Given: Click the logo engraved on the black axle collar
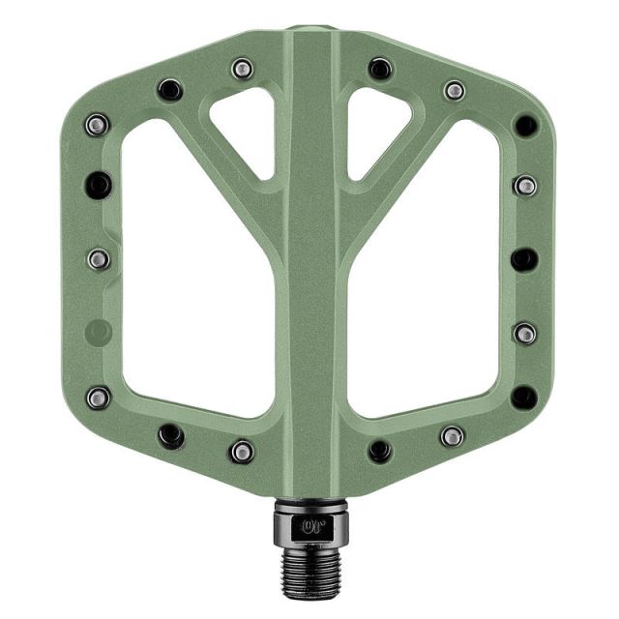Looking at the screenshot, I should point(311,527).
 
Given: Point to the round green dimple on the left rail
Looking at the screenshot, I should point(98,333).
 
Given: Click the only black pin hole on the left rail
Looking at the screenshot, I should point(98,184).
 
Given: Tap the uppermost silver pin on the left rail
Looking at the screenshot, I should point(97,124).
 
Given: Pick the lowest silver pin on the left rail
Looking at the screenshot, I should point(98,397).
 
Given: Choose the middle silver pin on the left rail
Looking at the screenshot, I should point(98,259).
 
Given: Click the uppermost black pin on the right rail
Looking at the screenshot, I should point(525,125).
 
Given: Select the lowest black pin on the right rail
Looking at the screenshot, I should point(524,397).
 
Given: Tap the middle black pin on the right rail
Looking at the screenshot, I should point(524,259).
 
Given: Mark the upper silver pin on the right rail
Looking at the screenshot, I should point(525,185).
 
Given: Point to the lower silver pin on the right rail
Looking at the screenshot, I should point(524,334).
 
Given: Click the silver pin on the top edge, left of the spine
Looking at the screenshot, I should point(242,69).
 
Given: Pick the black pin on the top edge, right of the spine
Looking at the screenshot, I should point(380,69).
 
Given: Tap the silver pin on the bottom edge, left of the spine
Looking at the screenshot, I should point(242,451).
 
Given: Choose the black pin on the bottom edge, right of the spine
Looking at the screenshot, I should point(380,451).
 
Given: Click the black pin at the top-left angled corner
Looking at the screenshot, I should point(170,90).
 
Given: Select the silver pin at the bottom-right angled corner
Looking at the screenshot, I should point(452,435).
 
